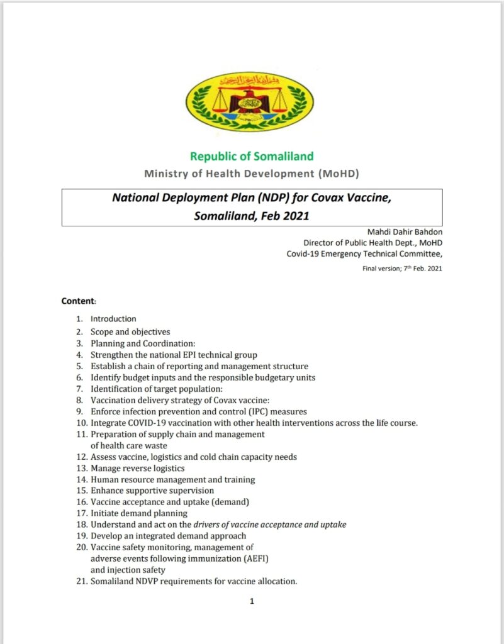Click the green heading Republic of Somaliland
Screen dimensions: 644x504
point(252,156)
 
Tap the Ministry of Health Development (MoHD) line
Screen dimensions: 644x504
point(252,173)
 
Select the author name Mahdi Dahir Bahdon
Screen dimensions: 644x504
point(405,231)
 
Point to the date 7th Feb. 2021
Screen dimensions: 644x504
point(417,269)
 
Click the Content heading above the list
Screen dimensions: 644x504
point(78,301)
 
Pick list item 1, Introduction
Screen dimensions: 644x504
point(113,319)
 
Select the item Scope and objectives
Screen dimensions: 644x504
point(130,331)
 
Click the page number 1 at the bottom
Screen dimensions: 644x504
point(252,602)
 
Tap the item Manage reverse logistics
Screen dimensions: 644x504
point(137,468)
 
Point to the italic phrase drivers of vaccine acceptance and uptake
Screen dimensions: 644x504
point(270,525)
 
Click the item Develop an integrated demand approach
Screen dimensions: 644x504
point(168,536)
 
